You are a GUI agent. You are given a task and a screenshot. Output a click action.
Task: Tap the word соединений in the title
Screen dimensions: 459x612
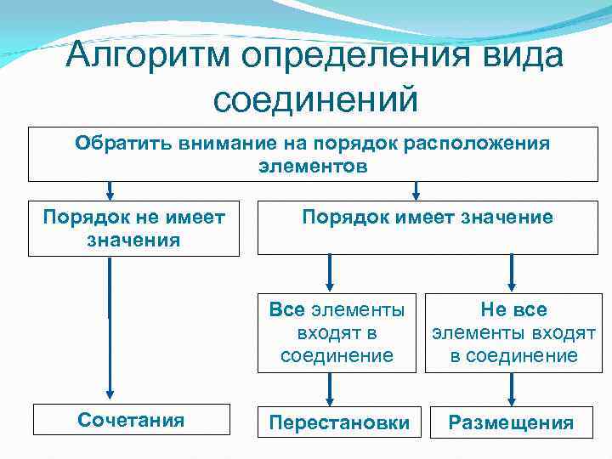315,99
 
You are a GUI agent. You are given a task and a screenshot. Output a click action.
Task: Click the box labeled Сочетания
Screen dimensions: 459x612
131,420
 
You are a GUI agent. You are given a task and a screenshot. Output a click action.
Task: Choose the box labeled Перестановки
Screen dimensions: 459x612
339,422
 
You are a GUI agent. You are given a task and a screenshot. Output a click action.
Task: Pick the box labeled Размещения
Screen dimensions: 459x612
511,422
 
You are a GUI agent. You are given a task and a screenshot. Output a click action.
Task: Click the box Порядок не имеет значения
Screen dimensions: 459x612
133,228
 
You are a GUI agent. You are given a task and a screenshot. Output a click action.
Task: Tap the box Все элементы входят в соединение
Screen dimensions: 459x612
337,332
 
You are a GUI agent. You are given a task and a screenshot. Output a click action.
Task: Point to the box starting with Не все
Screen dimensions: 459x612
513,332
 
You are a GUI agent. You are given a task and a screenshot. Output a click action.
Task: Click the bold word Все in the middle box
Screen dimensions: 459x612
286,309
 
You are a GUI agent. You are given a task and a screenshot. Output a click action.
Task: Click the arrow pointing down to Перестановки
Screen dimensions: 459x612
330,389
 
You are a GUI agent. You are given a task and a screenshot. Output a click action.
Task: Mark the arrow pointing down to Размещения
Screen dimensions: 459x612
511,389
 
